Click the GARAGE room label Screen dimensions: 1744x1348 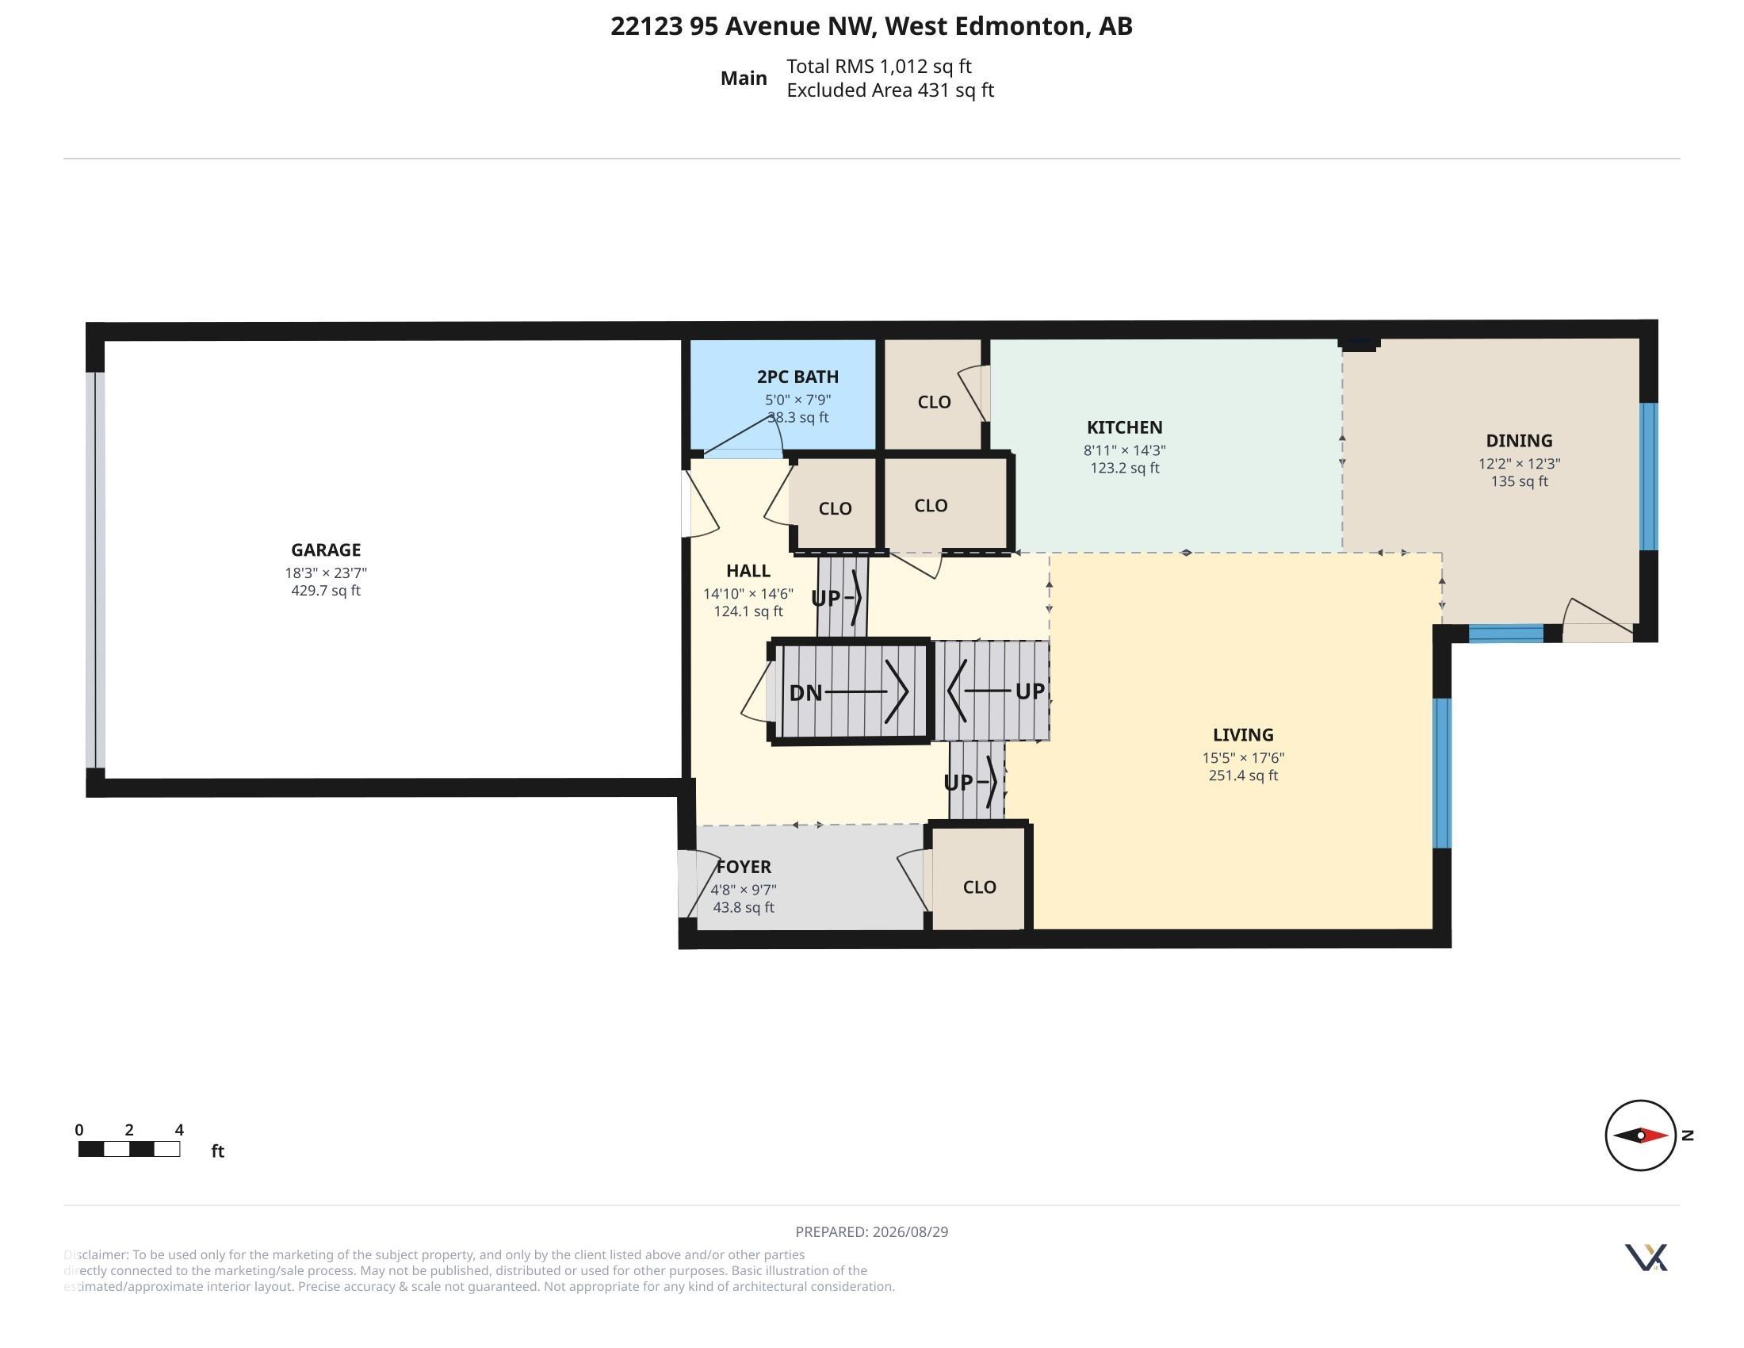[326, 550]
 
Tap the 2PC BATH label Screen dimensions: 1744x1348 [797, 376]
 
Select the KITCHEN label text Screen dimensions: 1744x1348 [1124, 427]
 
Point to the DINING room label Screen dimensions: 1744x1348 [1519, 440]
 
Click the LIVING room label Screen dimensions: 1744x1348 [1243, 735]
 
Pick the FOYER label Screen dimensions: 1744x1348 [744, 867]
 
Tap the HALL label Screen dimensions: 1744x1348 [748, 570]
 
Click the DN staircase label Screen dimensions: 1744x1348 [805, 692]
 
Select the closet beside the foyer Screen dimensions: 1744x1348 [979, 879]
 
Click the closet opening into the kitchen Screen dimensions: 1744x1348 [933, 394]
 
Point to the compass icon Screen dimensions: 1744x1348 [1640, 1135]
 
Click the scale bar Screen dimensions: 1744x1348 [128, 1149]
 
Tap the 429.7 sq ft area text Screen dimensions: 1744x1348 [326, 591]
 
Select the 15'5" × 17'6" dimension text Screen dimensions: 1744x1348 [1243, 758]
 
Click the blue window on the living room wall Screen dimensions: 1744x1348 [1441, 773]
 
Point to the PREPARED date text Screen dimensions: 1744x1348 [872, 1231]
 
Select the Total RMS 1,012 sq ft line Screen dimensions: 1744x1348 [879, 67]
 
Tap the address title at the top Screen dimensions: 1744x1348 [872, 26]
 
